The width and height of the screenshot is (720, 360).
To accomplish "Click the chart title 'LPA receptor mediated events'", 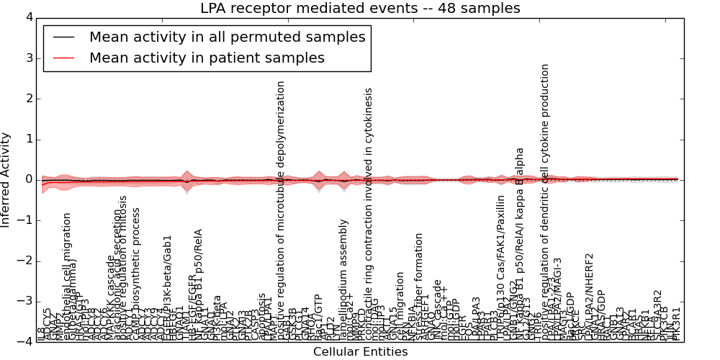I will coord(359,9).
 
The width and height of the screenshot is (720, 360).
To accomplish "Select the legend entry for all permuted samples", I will coord(227,37).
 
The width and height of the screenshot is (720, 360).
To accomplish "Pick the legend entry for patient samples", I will coord(207,58).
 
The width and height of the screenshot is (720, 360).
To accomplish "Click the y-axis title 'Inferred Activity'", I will coord(6,179).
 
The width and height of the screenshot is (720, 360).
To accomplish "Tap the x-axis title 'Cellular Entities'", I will coord(360,351).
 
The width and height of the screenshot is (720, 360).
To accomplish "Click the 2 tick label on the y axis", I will coord(27,99).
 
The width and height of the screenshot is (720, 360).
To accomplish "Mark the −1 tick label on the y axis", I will coord(24,220).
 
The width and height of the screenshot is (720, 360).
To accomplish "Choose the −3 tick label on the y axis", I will coord(24,302).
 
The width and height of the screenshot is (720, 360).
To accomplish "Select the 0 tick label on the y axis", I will coord(27,180).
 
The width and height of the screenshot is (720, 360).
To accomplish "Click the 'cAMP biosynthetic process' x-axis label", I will coord(134,274).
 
